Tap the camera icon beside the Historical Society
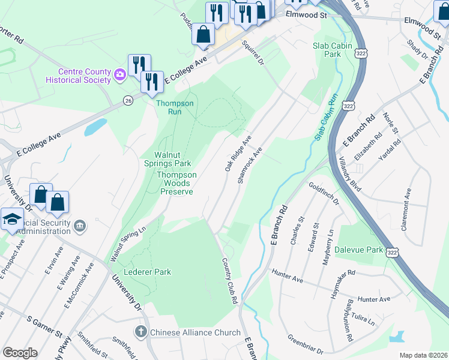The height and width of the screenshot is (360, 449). (120, 74)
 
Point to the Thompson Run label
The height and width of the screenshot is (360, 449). (175, 107)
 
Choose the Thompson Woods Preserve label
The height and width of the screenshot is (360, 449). (176, 183)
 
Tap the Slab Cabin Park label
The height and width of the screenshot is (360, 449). (327, 49)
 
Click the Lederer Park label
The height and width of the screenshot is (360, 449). (147, 272)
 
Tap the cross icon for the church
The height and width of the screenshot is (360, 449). (140, 332)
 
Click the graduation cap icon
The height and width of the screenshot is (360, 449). (12, 218)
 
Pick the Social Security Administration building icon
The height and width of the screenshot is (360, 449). (80, 226)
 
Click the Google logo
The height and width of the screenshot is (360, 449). (20, 353)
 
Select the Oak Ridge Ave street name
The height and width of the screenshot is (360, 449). (238, 153)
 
